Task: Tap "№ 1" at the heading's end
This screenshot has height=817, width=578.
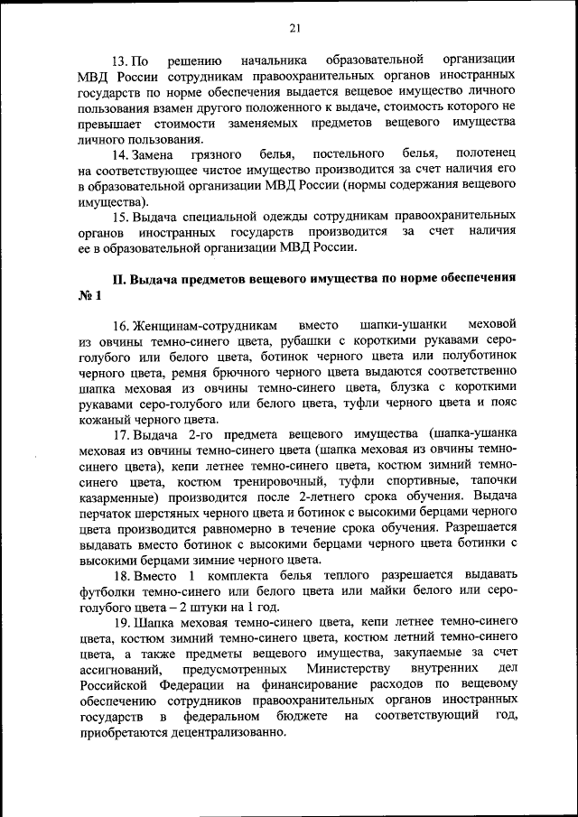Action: [x=90, y=295]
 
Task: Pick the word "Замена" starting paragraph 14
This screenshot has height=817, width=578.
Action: [x=156, y=153]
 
